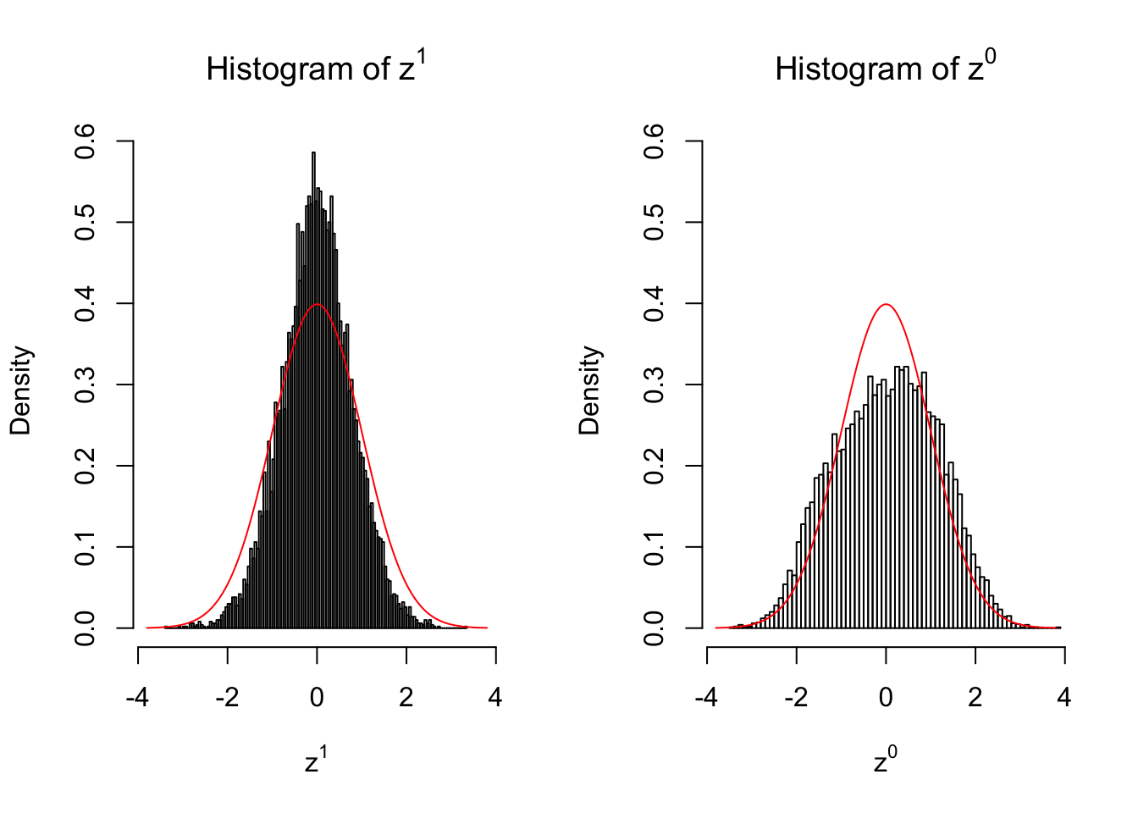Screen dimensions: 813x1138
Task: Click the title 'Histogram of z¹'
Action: (x=316, y=68)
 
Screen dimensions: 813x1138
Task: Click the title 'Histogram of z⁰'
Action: (x=885, y=68)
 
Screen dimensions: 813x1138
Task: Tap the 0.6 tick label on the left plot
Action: (x=85, y=141)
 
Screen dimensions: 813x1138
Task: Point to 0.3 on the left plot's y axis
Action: (x=85, y=384)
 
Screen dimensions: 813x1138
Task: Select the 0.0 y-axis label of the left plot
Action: (x=85, y=628)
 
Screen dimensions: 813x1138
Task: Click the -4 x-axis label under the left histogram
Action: (x=137, y=697)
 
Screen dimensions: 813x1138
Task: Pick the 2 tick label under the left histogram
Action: (x=406, y=697)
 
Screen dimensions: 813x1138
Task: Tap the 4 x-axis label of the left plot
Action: (x=495, y=697)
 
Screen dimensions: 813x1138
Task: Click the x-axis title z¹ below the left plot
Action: (x=316, y=761)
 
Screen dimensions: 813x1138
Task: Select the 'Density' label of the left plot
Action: (x=20, y=390)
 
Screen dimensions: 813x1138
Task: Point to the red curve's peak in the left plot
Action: (x=317, y=304)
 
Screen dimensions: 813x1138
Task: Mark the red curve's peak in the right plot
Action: (x=886, y=304)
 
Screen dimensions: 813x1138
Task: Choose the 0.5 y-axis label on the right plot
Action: (x=654, y=223)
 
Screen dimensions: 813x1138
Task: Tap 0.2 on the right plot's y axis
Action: (x=654, y=466)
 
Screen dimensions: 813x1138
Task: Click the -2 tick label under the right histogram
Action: (x=796, y=697)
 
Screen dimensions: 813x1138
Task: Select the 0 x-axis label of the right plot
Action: (x=886, y=697)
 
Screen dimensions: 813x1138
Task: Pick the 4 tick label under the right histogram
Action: (x=1064, y=697)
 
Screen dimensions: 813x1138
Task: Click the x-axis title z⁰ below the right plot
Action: (x=885, y=761)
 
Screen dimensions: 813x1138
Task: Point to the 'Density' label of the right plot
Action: (x=589, y=390)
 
